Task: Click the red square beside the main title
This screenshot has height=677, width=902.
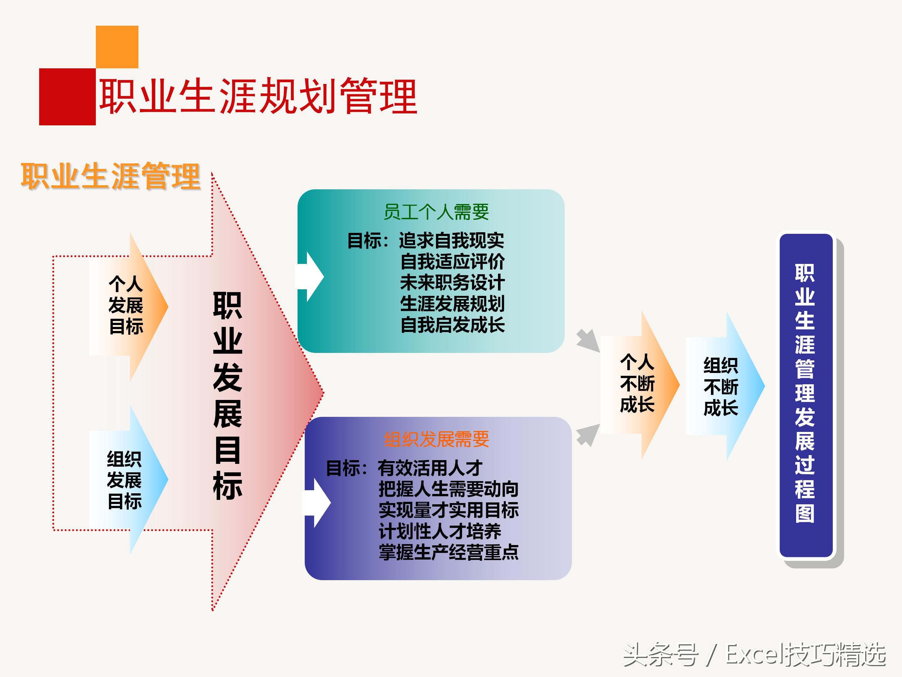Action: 67,97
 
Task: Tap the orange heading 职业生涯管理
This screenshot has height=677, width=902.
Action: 111,176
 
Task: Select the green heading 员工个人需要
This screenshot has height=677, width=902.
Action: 436,212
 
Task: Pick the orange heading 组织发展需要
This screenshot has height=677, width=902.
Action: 436,439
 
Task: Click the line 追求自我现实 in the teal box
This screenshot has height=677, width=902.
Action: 451,240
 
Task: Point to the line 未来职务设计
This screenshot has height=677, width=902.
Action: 452,282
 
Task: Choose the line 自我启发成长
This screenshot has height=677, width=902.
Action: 452,325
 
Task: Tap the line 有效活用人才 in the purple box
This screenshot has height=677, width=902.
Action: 430,468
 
